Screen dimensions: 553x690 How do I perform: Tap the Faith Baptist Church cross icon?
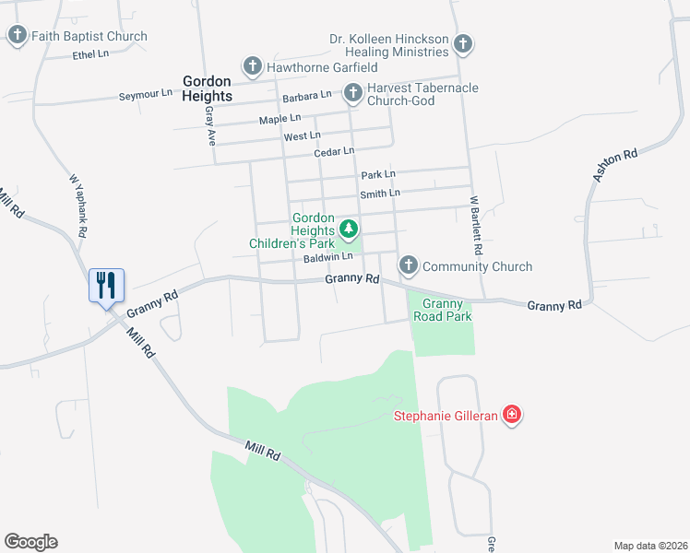(x=18, y=36)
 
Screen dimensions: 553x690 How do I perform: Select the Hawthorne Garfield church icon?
(x=253, y=66)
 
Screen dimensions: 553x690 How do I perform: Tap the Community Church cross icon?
(x=409, y=265)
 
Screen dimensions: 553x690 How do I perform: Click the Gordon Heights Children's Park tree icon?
(x=349, y=228)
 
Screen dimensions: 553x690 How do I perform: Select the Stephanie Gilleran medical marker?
(x=512, y=416)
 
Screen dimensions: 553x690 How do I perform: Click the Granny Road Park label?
(x=447, y=310)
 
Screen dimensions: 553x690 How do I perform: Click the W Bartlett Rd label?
(x=478, y=226)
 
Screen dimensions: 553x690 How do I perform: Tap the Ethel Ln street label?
(x=90, y=55)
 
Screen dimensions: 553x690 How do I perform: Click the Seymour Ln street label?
(x=146, y=94)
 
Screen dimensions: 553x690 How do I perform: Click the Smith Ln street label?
(x=380, y=194)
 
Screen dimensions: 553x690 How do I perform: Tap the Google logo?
(x=30, y=542)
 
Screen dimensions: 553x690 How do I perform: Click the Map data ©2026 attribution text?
(x=650, y=546)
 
